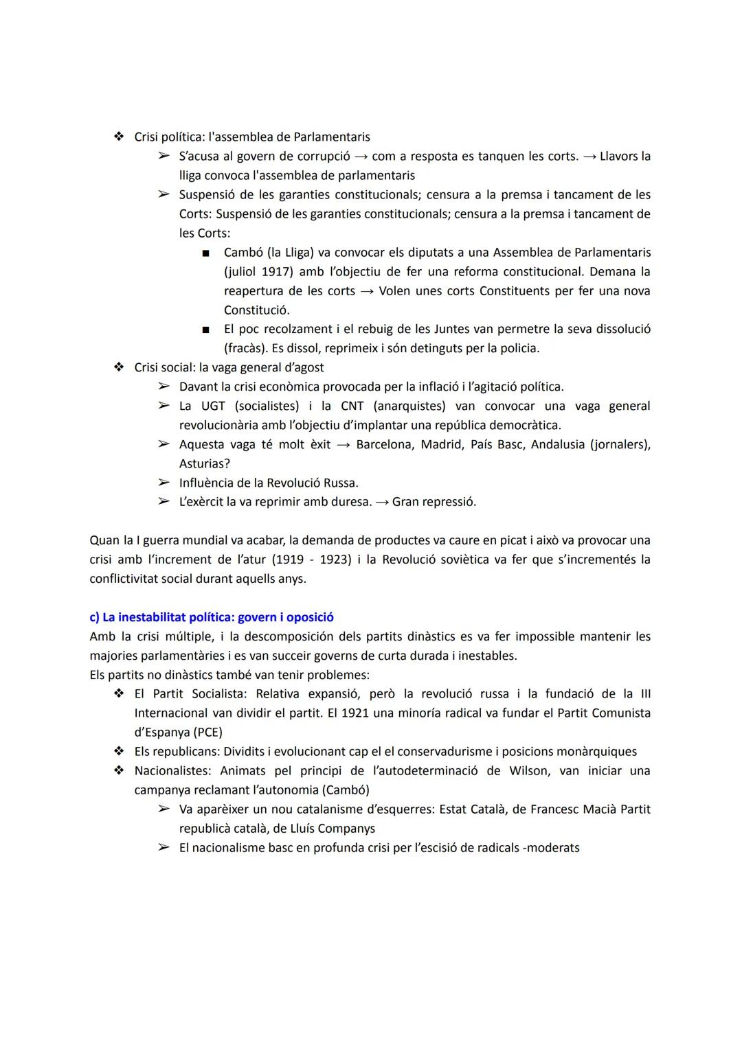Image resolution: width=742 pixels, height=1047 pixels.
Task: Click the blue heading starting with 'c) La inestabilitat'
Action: [x=211, y=617]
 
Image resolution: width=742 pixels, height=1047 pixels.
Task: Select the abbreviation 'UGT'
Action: [x=213, y=406]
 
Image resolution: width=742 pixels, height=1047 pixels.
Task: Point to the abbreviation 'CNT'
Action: [x=352, y=406]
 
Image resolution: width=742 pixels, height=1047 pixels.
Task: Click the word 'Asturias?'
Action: [x=204, y=464]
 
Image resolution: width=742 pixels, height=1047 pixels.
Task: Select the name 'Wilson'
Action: [x=529, y=771]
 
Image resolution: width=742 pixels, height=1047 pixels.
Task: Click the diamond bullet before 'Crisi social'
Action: [x=119, y=367]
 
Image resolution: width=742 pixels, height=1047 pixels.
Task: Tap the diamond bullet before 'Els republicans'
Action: [x=119, y=752]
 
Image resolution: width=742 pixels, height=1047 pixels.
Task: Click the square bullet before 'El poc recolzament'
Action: [x=205, y=330]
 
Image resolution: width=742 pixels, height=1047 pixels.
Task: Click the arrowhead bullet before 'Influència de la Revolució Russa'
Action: [x=164, y=483]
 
